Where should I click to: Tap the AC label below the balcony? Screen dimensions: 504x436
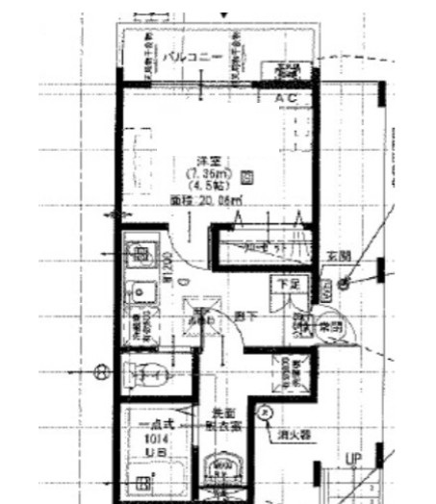pos(286,98)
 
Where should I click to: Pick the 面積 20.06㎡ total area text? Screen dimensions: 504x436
pos(206,201)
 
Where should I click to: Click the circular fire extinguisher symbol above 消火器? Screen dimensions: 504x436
pos(266,412)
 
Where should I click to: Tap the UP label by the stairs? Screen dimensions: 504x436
pos(352,461)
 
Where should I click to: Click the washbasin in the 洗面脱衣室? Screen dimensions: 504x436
pos(222,471)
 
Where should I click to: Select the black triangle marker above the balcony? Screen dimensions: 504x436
pos(225,14)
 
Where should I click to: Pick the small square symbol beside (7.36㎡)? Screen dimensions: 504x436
pos(247,176)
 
